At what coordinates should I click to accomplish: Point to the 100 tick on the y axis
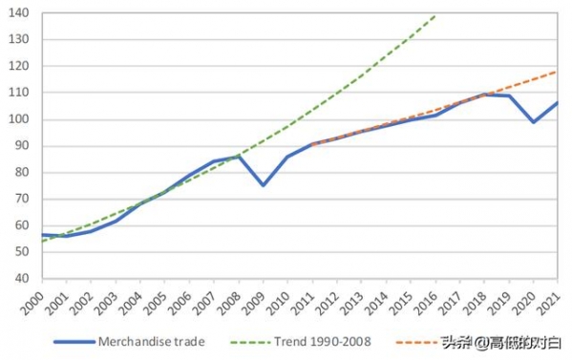tap(20, 120)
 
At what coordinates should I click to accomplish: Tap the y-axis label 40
tap(23, 279)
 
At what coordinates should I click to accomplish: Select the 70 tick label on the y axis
tap(23, 200)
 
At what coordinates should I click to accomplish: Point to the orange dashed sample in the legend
tap(413, 342)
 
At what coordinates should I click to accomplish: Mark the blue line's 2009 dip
tap(263, 185)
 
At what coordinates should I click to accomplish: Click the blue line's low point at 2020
tap(533, 122)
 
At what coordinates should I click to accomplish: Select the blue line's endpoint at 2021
tap(557, 103)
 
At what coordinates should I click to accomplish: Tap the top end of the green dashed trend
tap(435, 15)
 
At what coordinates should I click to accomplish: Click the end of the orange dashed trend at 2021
tap(557, 72)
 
